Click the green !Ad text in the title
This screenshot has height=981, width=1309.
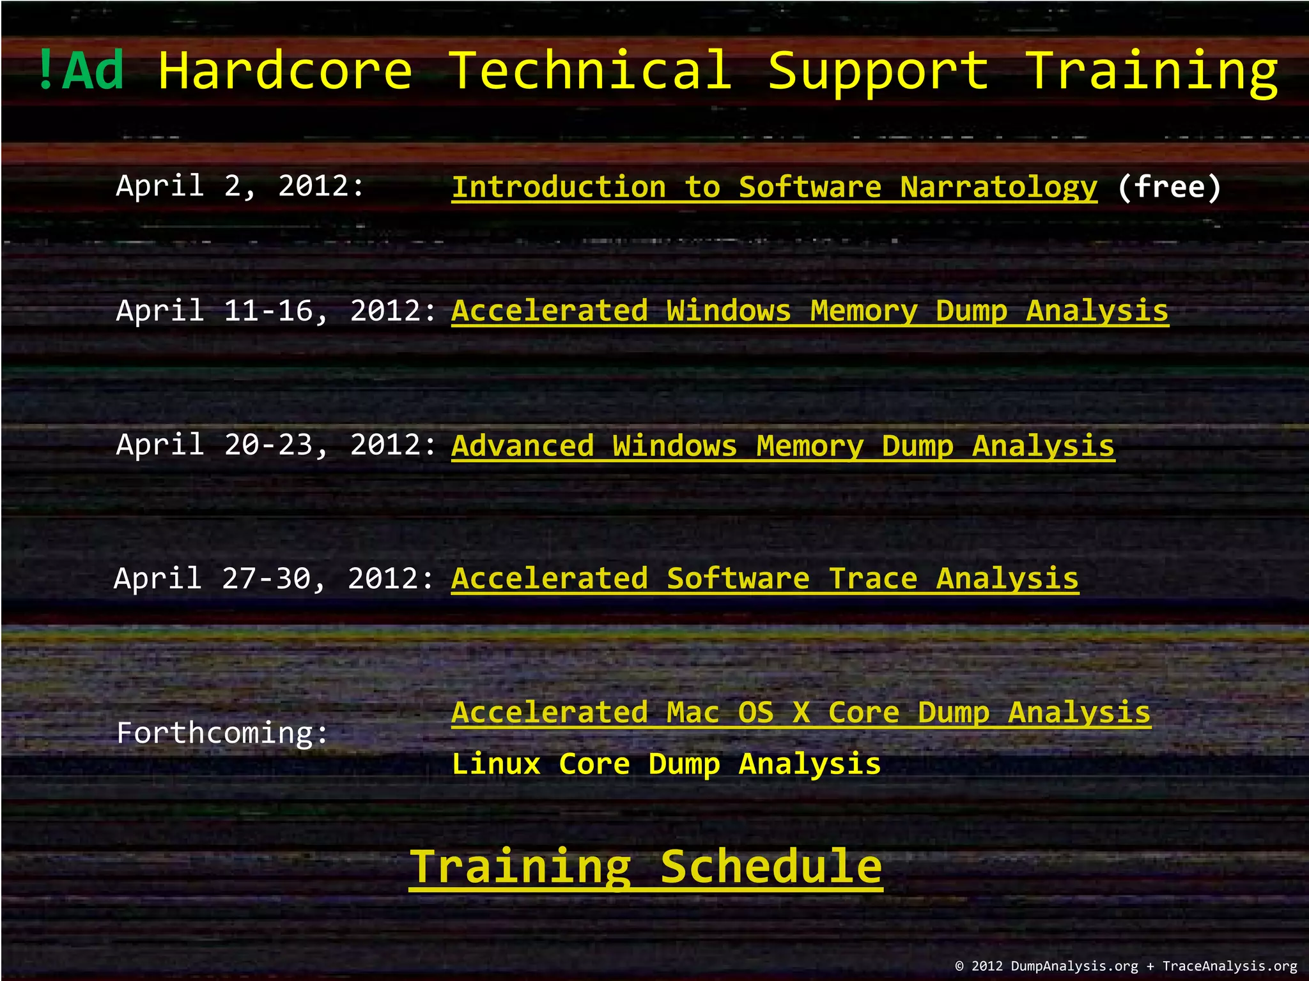pos(81,70)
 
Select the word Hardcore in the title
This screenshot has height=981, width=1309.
pos(285,70)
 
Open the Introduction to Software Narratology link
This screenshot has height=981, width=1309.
pos(774,187)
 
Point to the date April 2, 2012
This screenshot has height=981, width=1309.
pos(240,186)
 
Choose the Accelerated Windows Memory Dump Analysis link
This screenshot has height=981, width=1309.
pos(810,311)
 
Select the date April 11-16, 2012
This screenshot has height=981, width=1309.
pos(276,311)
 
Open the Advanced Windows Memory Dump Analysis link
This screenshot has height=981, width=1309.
pos(783,445)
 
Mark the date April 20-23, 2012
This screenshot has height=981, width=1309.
pos(276,445)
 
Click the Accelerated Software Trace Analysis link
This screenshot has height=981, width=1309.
pos(765,579)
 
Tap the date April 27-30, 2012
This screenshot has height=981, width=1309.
pos(274,579)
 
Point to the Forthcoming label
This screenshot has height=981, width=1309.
pos(222,733)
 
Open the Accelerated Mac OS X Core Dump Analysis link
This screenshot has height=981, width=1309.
pos(801,712)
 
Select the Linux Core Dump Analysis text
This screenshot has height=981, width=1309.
pos(666,764)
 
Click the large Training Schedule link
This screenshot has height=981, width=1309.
pos(646,867)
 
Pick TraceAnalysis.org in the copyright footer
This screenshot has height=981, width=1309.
pos(1229,966)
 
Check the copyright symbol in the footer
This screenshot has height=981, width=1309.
pos(959,966)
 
